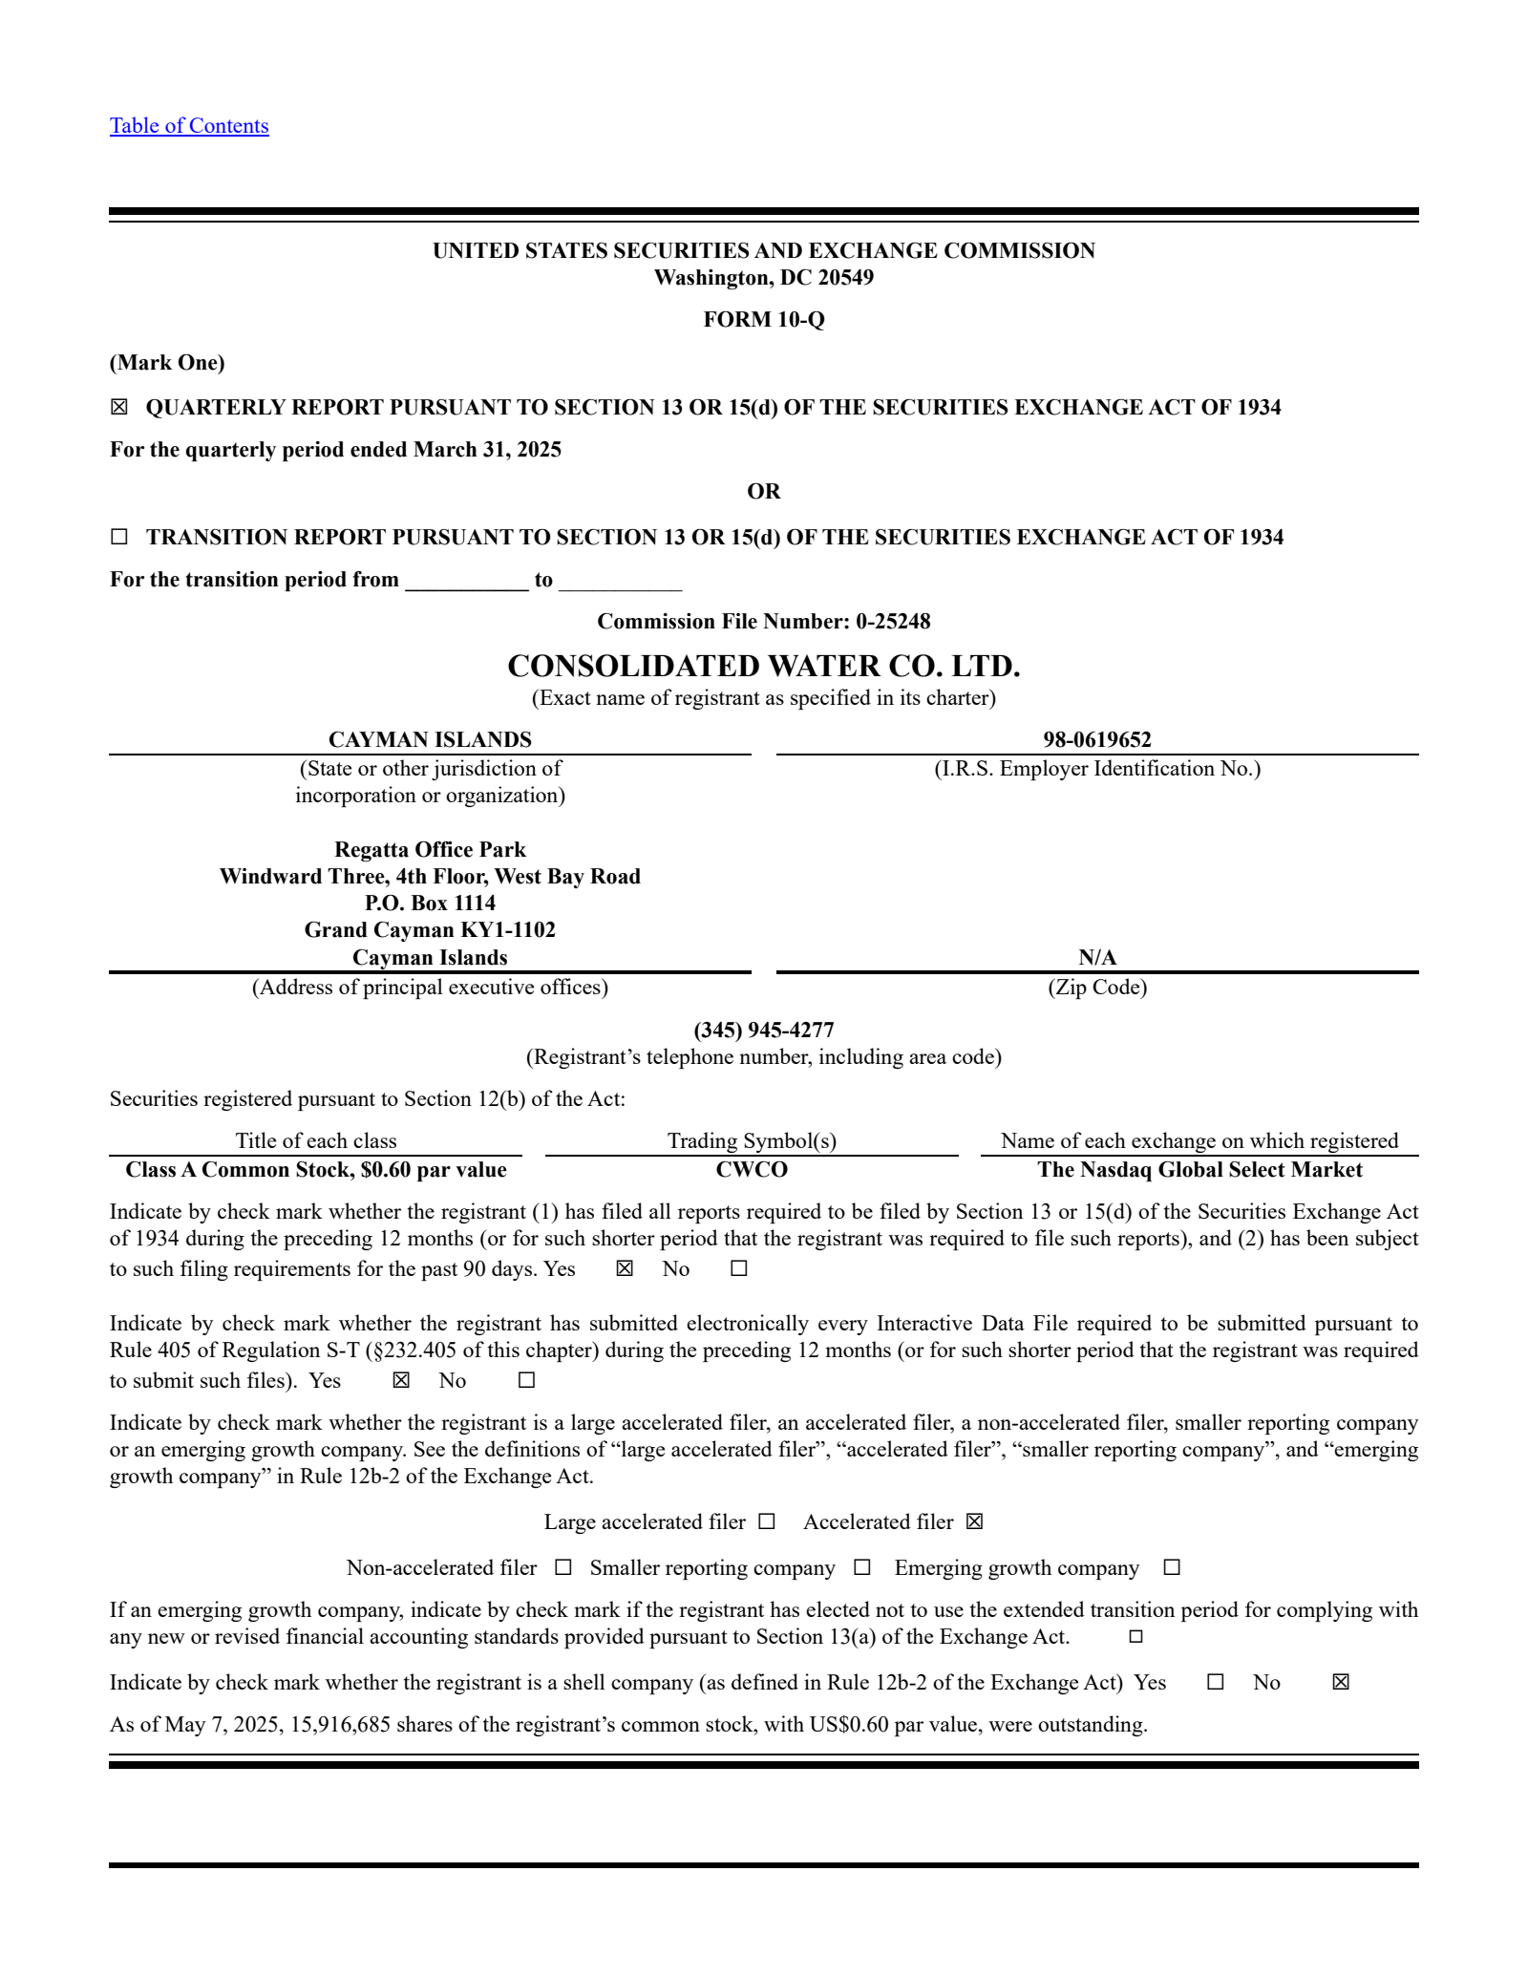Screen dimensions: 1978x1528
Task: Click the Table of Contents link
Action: (189, 126)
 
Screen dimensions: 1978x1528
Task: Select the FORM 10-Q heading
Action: (763, 320)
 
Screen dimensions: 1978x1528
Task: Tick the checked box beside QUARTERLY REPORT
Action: (119, 408)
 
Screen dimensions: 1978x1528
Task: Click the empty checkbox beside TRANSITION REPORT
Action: (119, 537)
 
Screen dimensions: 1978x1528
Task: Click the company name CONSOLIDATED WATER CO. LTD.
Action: (763, 666)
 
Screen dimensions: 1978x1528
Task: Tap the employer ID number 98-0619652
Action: (1096, 740)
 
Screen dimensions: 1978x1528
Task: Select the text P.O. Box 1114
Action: (430, 904)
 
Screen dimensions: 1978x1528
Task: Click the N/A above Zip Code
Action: (1096, 958)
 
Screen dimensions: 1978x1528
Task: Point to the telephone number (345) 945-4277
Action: (763, 1031)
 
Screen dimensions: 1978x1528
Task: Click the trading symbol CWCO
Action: (752, 1170)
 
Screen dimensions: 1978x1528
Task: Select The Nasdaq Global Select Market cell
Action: (1199, 1170)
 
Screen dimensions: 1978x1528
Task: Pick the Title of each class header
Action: (315, 1141)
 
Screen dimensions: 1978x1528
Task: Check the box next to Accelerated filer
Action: (974, 1522)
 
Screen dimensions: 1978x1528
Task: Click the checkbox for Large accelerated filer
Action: (767, 1522)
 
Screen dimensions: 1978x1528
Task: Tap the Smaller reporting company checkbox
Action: (862, 1568)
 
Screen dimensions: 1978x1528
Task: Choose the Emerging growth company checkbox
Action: (1172, 1568)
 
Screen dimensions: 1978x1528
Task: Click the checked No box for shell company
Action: (1341, 1683)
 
